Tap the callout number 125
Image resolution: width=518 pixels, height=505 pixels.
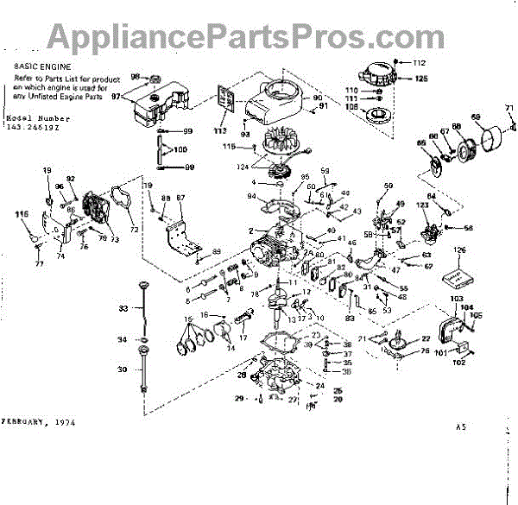click(x=420, y=79)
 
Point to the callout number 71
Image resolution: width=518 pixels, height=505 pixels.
click(x=509, y=108)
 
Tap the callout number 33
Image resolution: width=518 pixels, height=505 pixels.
click(x=123, y=308)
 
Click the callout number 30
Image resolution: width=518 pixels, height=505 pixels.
click(x=122, y=369)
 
